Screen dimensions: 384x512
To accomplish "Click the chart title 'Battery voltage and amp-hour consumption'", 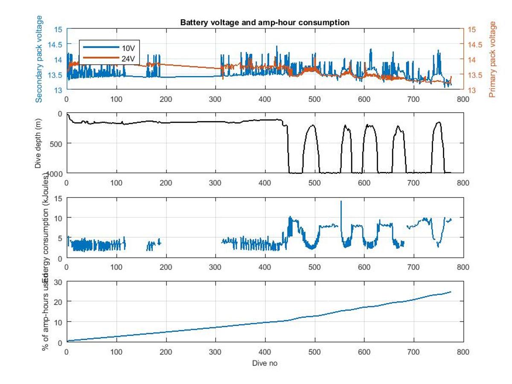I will [265, 22].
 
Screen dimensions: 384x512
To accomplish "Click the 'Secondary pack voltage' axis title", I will [39, 59].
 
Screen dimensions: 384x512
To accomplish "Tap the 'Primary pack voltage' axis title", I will [494, 59].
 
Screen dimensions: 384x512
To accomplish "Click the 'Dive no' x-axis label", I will [265, 363].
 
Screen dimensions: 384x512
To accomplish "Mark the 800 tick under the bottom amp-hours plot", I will [463, 352].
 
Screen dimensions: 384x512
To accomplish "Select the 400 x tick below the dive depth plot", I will [265, 183].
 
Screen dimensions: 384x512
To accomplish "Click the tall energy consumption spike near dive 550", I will [340, 201].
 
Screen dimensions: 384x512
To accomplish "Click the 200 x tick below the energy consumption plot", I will [166, 268].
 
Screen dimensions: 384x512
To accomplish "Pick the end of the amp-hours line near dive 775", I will [451, 292].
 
